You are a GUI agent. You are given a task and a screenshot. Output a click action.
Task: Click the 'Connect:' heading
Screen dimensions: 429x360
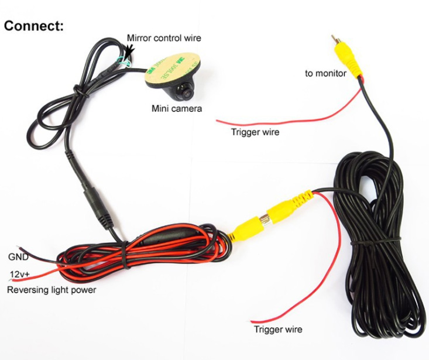[x=33, y=26]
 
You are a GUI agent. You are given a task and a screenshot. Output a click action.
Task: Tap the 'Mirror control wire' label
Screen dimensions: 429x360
[x=164, y=37]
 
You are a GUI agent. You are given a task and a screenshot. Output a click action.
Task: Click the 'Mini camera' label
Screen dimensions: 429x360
[x=177, y=109]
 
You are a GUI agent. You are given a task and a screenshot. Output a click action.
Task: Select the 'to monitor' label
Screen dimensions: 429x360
[x=325, y=73]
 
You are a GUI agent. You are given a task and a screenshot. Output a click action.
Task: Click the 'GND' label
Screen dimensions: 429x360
[x=18, y=256]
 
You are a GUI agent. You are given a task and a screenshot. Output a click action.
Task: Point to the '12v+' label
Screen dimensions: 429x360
[x=19, y=274]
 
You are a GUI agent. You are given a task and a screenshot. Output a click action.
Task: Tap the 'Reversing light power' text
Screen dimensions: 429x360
[x=52, y=290]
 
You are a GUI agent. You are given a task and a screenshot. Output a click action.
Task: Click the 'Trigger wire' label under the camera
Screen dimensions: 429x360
[x=255, y=132]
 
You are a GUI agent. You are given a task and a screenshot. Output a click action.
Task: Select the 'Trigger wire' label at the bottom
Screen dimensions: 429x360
[x=278, y=329]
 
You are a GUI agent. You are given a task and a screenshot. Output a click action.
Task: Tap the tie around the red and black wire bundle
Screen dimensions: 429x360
[x=125, y=255]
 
